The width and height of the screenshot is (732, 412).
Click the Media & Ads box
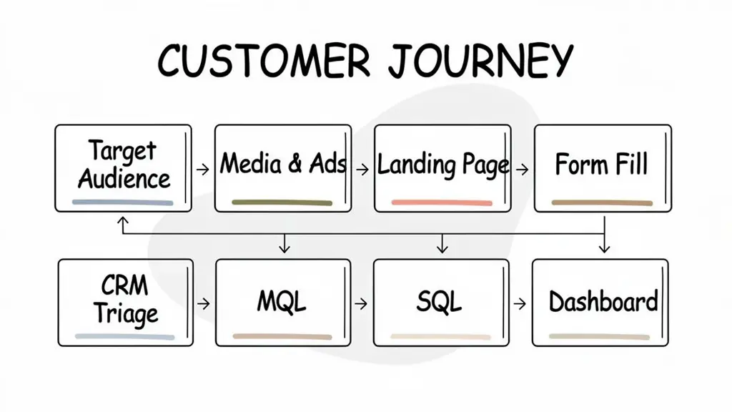(283, 168)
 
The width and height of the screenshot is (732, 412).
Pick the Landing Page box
(442, 168)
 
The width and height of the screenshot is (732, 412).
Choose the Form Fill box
(603, 168)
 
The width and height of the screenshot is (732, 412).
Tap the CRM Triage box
(124, 303)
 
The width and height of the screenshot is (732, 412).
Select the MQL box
(283, 303)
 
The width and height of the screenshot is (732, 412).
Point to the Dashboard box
(600, 303)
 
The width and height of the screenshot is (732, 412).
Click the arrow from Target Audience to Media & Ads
(204, 170)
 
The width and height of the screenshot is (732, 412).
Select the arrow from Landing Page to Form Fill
(522, 170)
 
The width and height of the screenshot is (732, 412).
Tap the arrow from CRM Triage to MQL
(204, 303)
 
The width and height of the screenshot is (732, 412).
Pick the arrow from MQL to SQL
(362, 303)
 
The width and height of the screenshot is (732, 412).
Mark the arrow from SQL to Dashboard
(522, 303)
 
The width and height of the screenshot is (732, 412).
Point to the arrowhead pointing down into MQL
(285, 248)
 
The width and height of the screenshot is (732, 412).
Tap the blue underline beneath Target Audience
(123, 203)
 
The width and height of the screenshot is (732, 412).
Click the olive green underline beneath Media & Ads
(282, 203)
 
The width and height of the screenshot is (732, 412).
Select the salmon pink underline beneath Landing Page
(442, 203)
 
